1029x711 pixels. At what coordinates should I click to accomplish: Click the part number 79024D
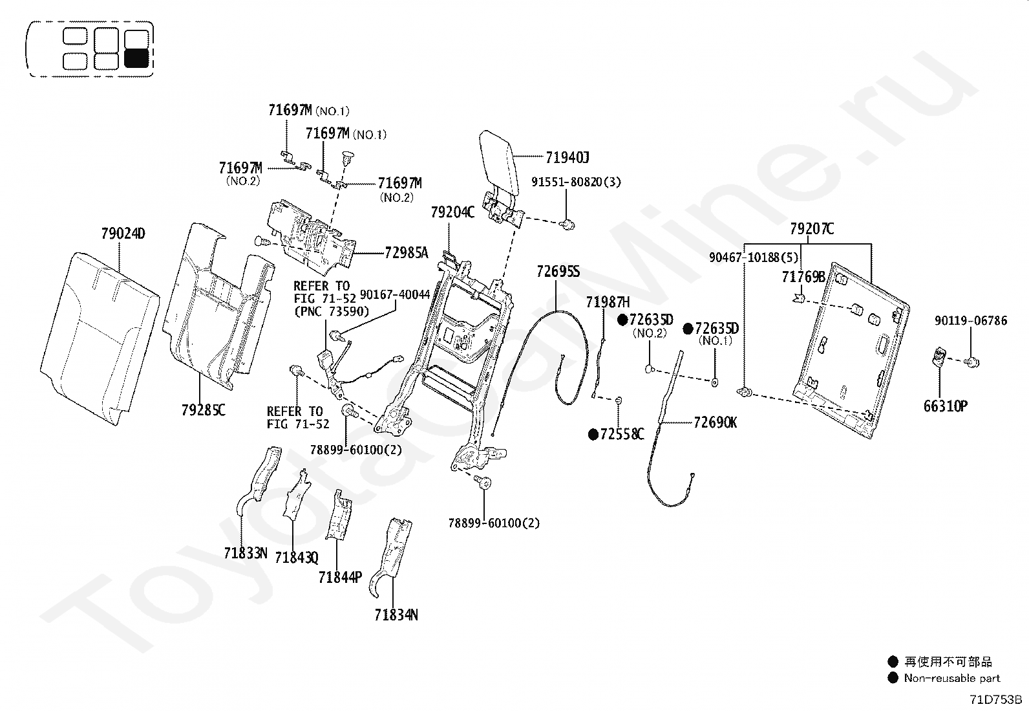[123, 234]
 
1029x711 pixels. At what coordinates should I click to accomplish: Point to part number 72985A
[406, 253]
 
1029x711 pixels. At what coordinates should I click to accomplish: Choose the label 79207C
[812, 228]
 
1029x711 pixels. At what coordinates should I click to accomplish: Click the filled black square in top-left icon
[136, 59]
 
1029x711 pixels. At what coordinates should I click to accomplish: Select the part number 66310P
[945, 406]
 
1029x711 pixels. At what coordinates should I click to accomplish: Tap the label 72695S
[558, 272]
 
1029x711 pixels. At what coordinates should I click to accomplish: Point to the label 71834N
[396, 615]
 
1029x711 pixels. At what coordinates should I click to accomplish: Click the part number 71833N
[246, 553]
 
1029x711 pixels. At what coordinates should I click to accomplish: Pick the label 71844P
[340, 577]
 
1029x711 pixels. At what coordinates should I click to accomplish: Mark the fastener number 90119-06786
[970, 321]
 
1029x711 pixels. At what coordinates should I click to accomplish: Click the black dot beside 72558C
[593, 435]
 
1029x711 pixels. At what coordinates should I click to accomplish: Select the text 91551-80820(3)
[576, 182]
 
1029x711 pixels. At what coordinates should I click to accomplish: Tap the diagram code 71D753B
[995, 699]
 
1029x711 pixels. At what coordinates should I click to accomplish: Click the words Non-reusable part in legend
[952, 678]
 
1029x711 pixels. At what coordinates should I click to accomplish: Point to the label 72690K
[715, 422]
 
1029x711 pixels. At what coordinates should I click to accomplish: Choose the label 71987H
[608, 302]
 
